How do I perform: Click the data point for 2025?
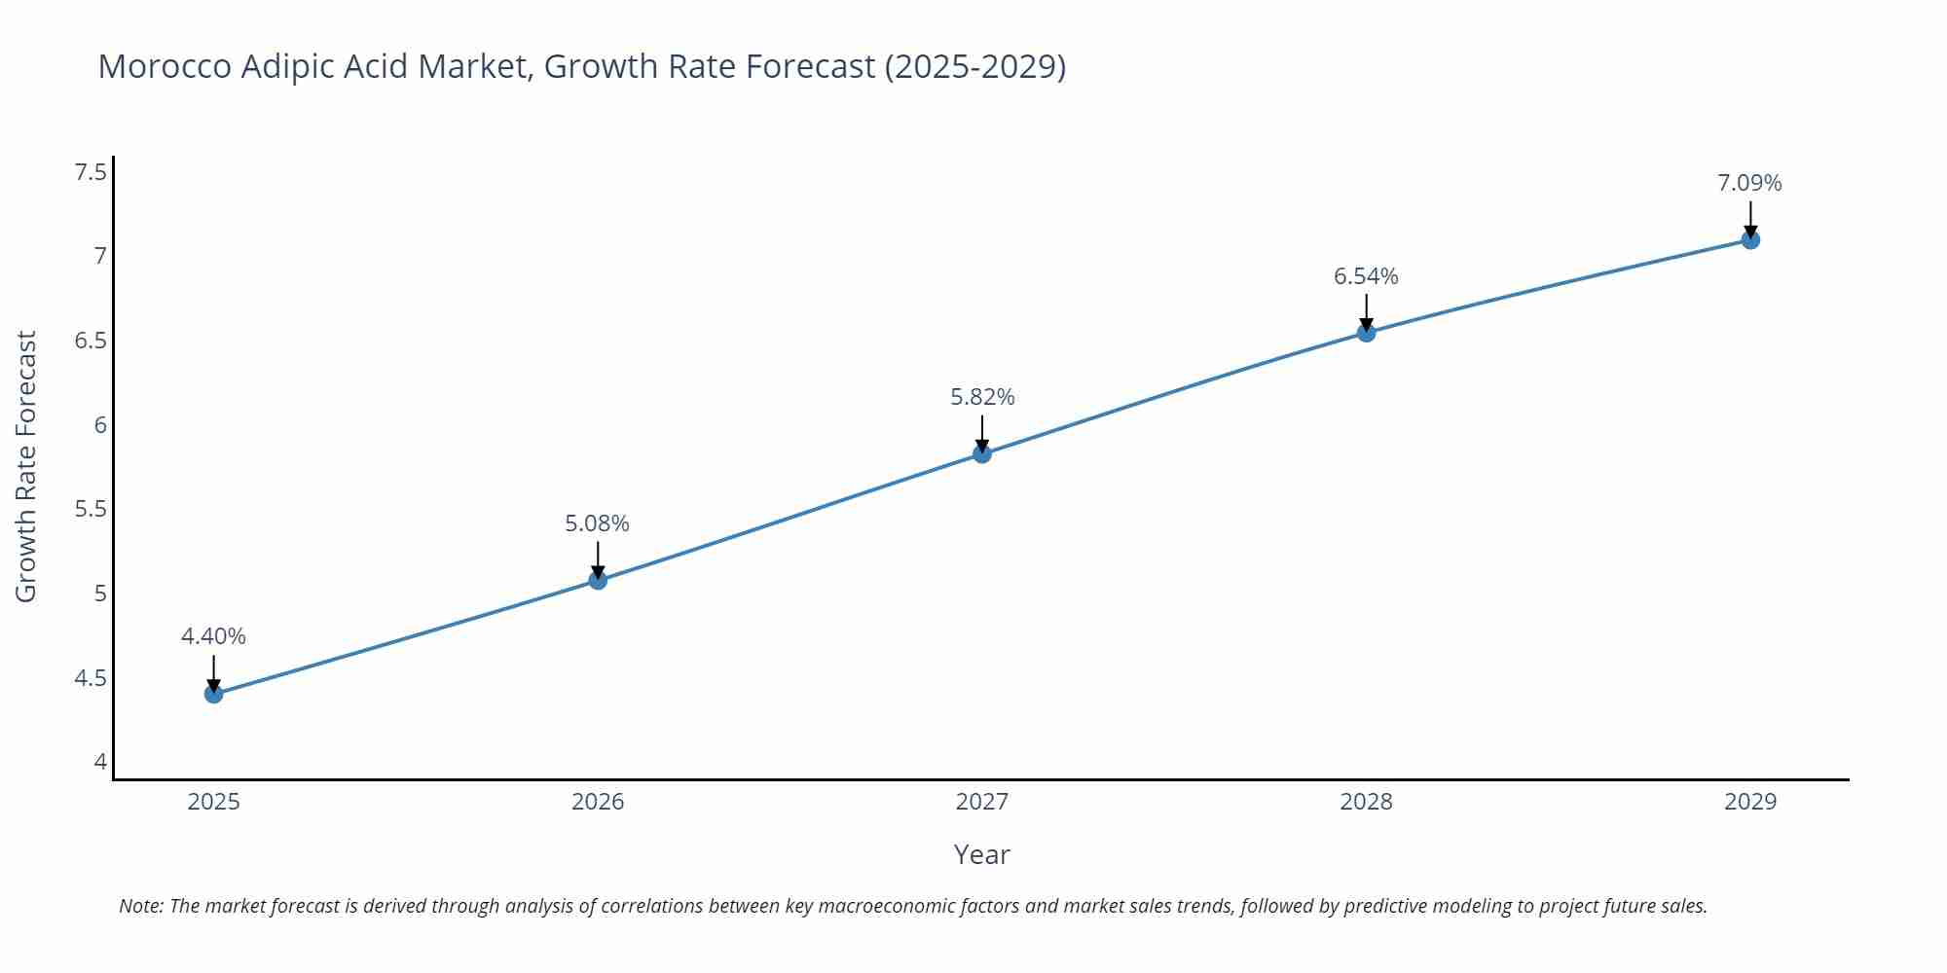pyautogui.click(x=213, y=694)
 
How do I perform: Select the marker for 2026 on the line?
pyautogui.click(x=598, y=580)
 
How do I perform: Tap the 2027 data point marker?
pyautogui.click(x=981, y=453)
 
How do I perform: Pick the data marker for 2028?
pyautogui.click(x=1366, y=333)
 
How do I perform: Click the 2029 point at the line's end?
pyautogui.click(x=1749, y=239)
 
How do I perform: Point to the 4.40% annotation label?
pyautogui.click(x=213, y=636)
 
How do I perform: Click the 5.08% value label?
pyautogui.click(x=597, y=523)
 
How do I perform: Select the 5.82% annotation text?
pyautogui.click(x=981, y=397)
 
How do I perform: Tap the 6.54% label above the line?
pyautogui.click(x=1366, y=276)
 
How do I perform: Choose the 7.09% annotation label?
pyautogui.click(x=1749, y=183)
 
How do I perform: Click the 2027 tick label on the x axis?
pyautogui.click(x=981, y=802)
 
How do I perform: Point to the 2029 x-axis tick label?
pyautogui.click(x=1749, y=802)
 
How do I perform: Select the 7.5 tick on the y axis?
pyautogui.click(x=91, y=172)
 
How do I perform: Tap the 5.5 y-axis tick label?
pyautogui.click(x=91, y=509)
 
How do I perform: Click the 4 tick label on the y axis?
pyautogui.click(x=100, y=761)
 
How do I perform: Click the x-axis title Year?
pyautogui.click(x=981, y=854)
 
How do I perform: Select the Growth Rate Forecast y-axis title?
pyautogui.click(x=26, y=466)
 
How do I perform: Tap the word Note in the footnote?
pyautogui.click(x=139, y=906)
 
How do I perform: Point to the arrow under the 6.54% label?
pyautogui.click(x=1366, y=311)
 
